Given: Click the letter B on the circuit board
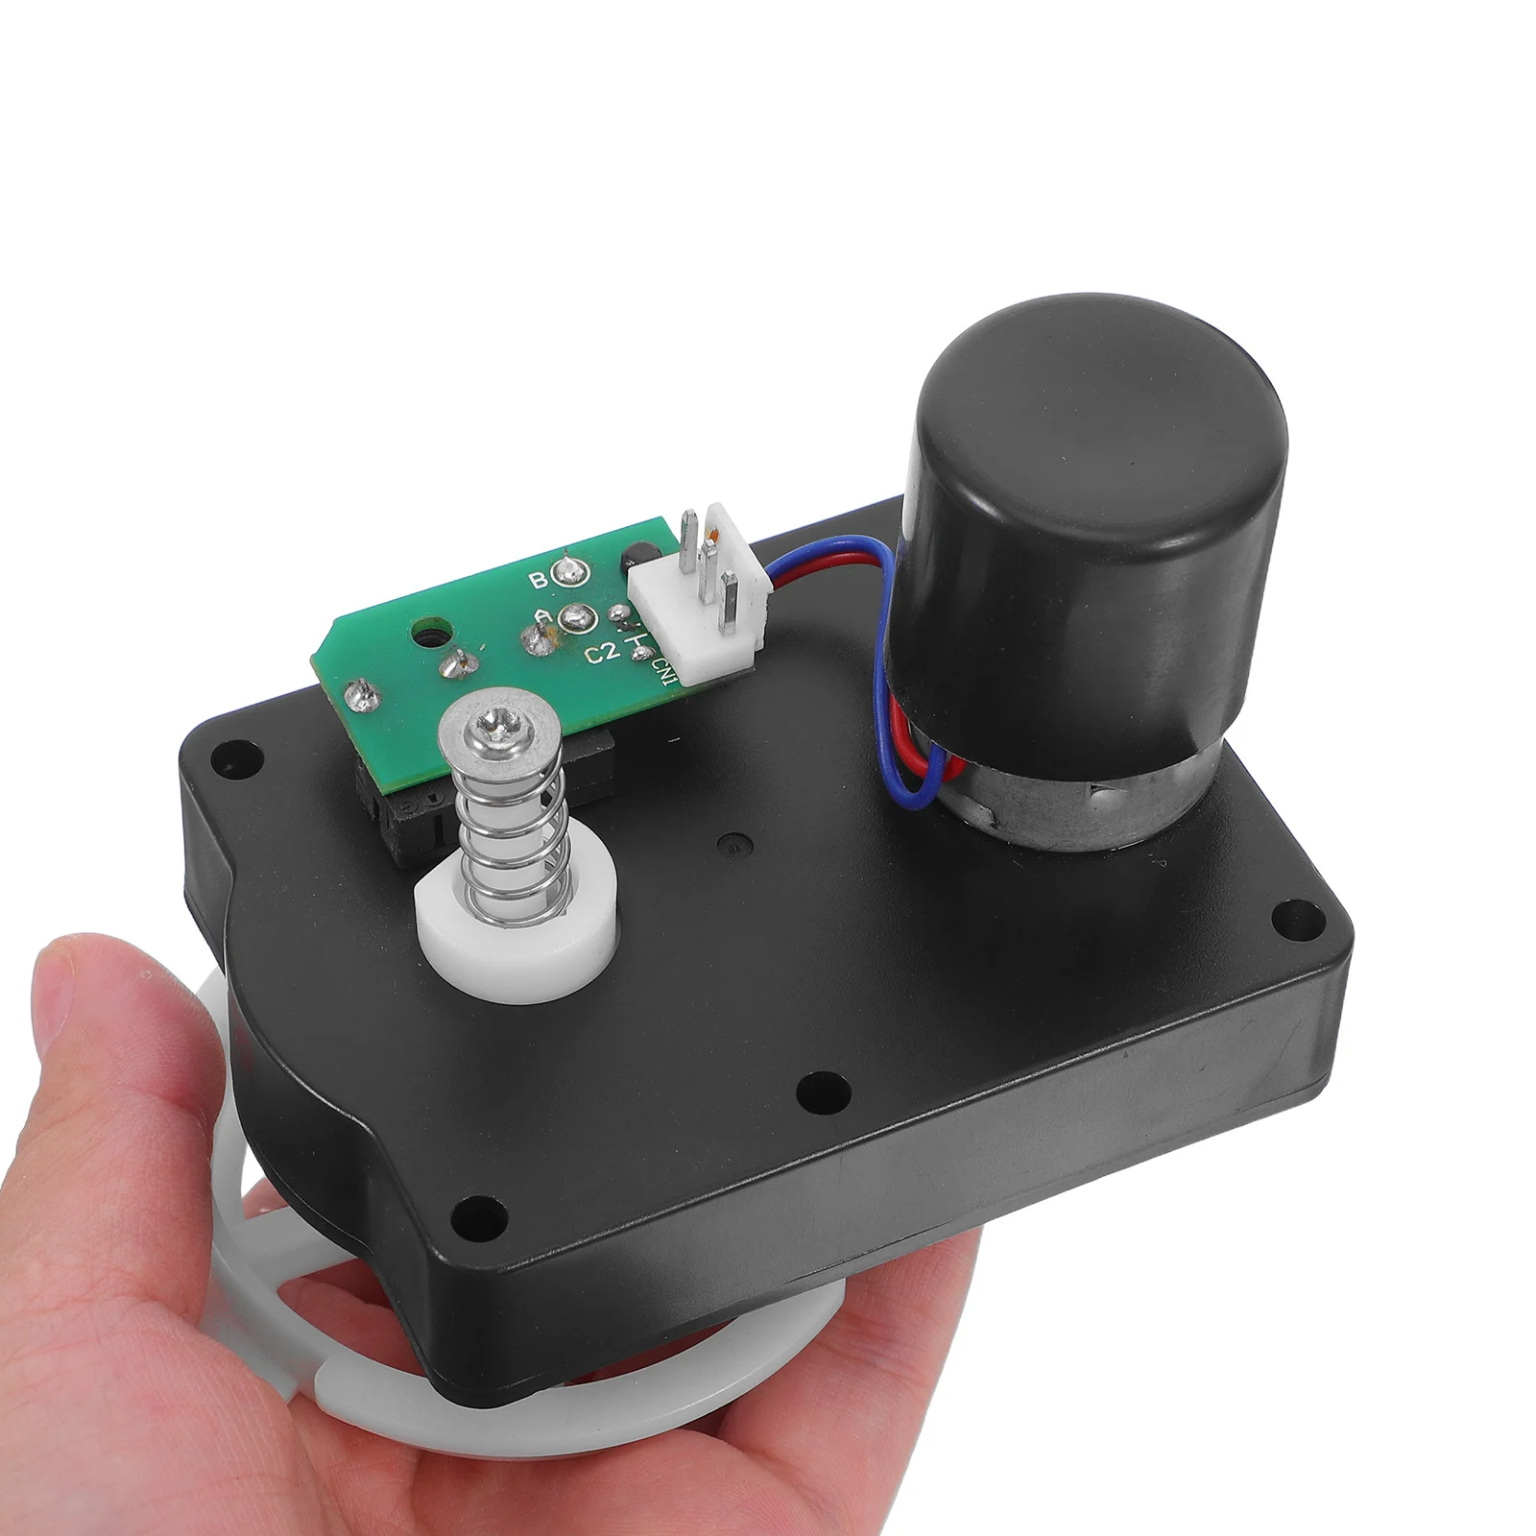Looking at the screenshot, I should pyautogui.click(x=539, y=580).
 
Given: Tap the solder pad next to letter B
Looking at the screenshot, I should pyautogui.click(x=570, y=574).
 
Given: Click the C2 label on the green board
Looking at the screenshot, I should pyautogui.click(x=601, y=655).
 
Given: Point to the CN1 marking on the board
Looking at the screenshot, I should pyautogui.click(x=661, y=664).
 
